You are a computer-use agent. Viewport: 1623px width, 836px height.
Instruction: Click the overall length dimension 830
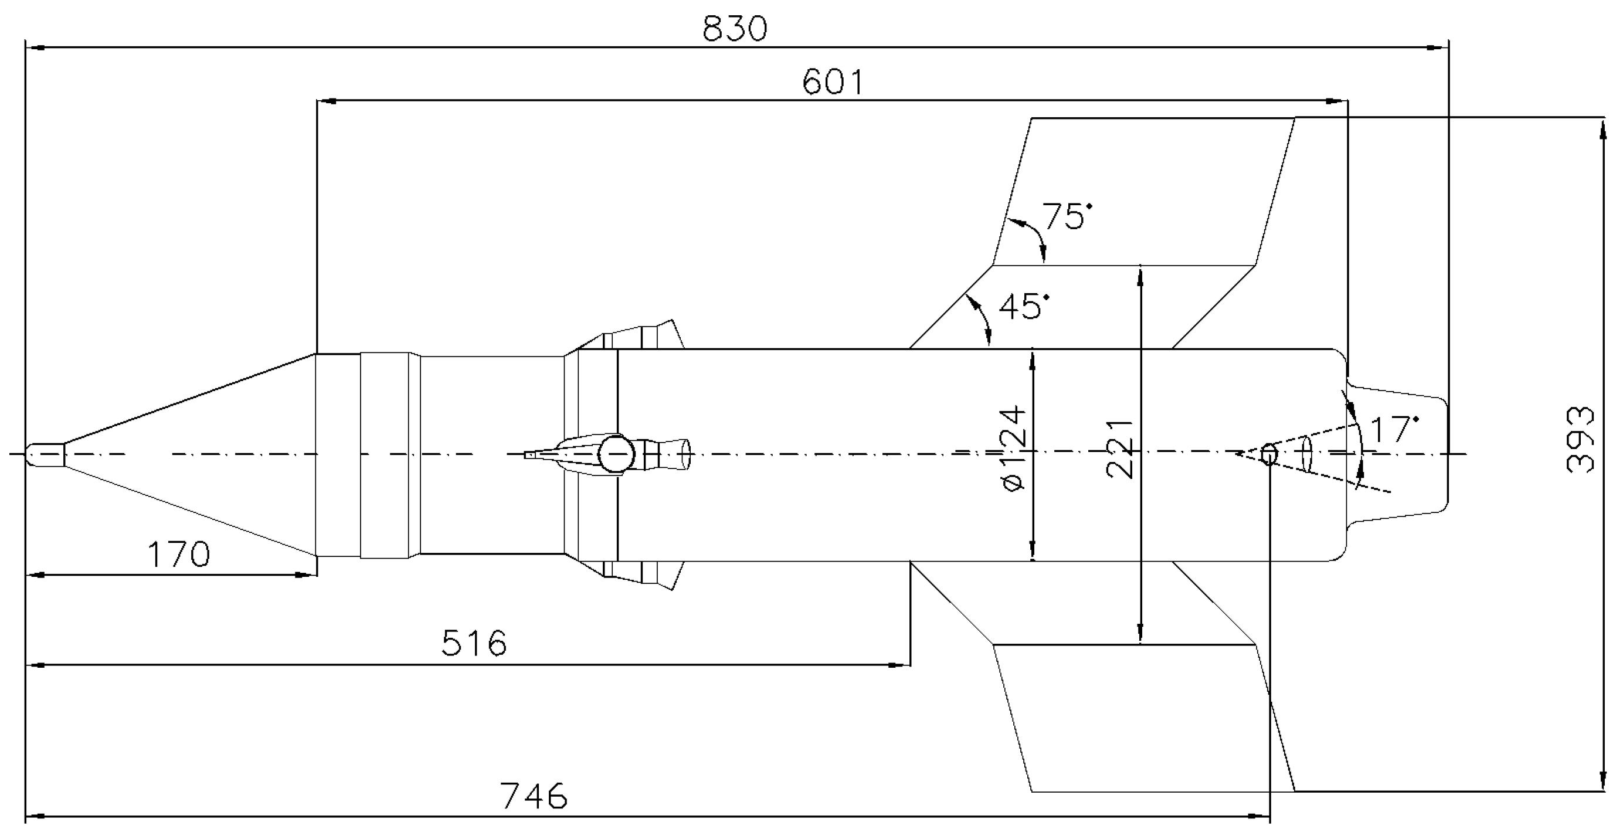pos(735,29)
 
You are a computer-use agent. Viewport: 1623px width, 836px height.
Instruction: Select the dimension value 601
pos(833,83)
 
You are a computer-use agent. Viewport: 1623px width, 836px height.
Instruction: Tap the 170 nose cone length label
pos(178,555)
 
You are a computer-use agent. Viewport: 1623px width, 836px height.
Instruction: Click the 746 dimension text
pos(534,796)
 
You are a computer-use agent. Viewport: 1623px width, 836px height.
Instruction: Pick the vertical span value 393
pos(1580,440)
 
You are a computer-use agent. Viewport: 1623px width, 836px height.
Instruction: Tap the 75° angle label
pos(1066,217)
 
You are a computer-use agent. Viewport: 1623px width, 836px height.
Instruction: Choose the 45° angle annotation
pos(1024,307)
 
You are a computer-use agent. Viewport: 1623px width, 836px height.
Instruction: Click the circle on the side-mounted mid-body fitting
pos(615,454)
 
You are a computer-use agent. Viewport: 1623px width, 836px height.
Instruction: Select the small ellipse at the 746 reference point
pos(1269,454)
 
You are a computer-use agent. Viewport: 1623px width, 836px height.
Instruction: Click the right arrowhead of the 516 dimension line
pos(902,664)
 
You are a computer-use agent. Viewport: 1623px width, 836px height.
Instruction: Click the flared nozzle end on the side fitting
pos(685,454)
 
